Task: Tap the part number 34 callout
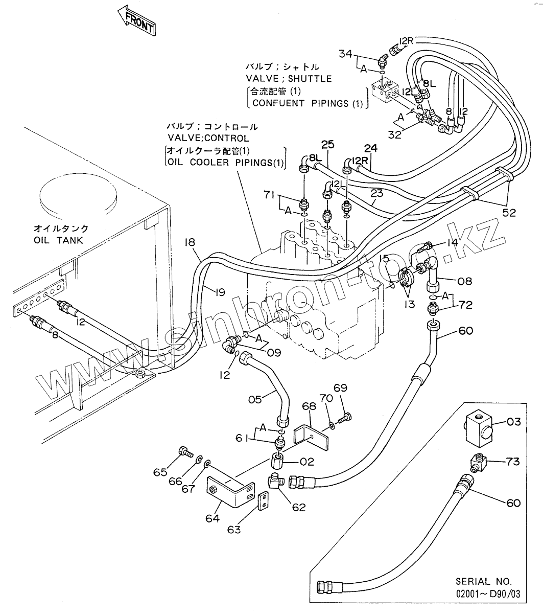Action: [346, 53]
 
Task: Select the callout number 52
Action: [509, 213]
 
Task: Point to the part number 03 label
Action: [514, 422]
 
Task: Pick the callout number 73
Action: [512, 462]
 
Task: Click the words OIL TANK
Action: [58, 240]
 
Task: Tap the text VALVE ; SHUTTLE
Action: [289, 79]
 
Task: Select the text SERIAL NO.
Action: [483, 582]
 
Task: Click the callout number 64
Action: [213, 518]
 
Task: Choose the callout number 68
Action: [309, 407]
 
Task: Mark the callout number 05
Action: [255, 400]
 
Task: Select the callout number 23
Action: [376, 194]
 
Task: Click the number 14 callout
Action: [453, 243]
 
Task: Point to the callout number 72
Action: [465, 305]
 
